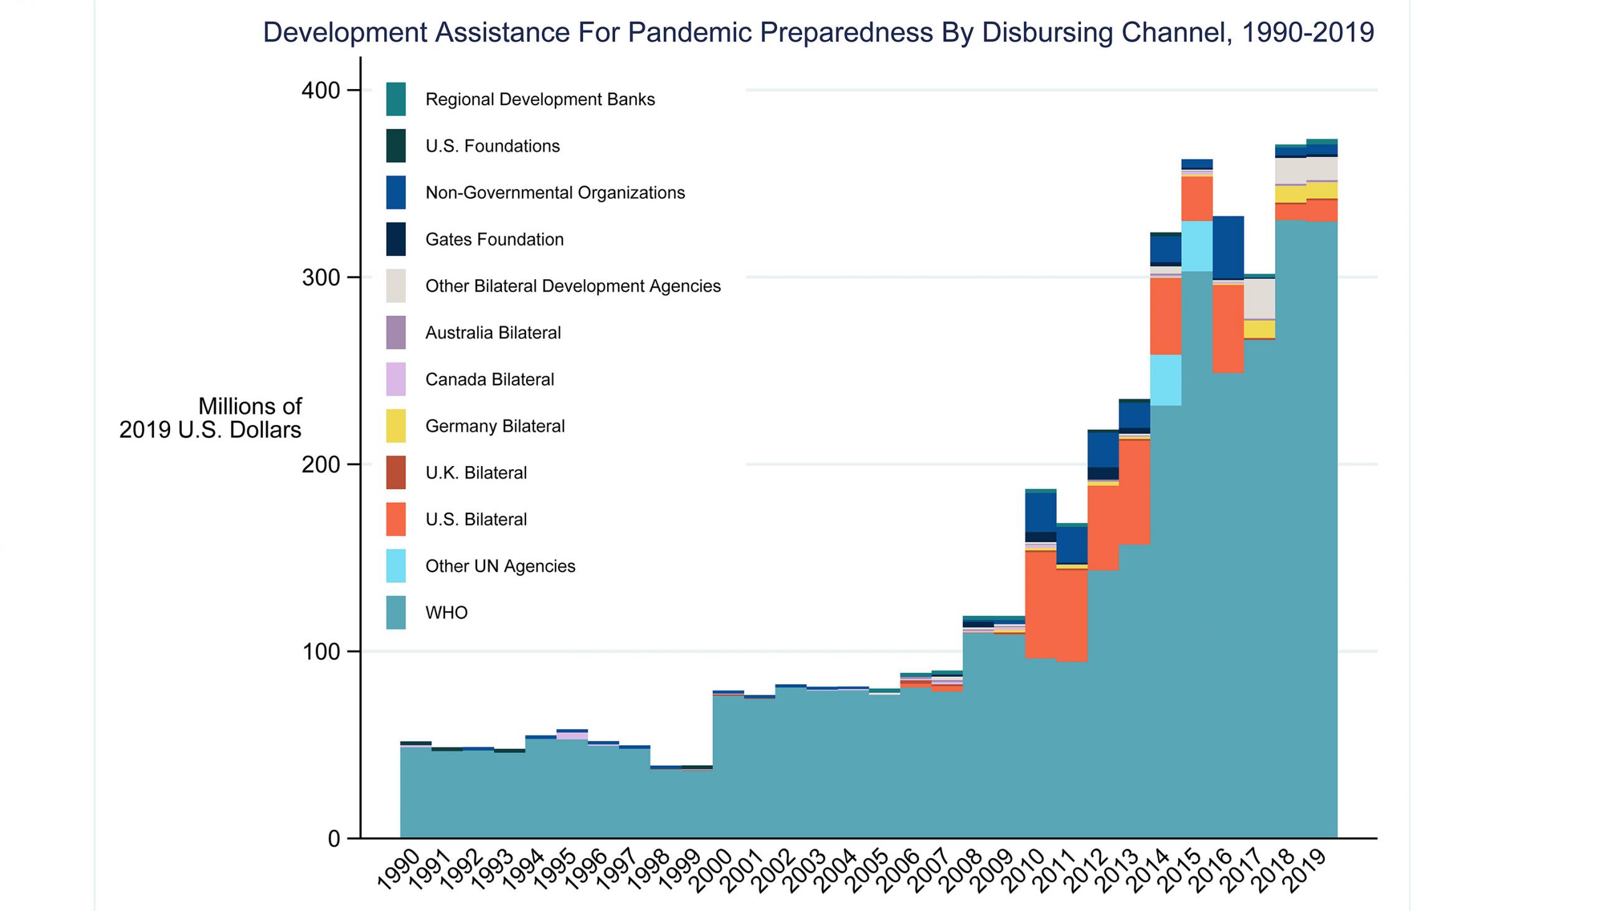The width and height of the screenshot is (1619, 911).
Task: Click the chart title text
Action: [x=818, y=32]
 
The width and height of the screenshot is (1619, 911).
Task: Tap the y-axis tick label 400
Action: [x=321, y=90]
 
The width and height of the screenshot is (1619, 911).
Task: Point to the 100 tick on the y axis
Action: [x=321, y=651]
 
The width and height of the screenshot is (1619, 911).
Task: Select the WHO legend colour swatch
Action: [x=396, y=613]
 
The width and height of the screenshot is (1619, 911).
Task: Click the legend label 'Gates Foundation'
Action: [x=494, y=239]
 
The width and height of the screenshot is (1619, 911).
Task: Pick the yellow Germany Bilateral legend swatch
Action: [x=396, y=426]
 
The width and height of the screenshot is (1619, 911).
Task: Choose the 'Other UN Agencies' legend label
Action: [x=500, y=566]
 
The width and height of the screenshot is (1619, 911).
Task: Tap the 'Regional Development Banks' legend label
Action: [x=540, y=99]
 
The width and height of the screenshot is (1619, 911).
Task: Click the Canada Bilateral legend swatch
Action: [x=396, y=379]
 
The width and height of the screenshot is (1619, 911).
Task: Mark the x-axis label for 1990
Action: [x=400, y=870]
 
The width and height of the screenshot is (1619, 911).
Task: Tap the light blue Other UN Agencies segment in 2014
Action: [x=1166, y=379]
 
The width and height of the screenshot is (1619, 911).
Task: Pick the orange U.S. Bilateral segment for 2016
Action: [x=1228, y=329]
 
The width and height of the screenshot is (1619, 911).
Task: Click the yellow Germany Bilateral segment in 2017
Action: [x=1260, y=330]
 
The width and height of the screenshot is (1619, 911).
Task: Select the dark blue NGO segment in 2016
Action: [x=1228, y=247]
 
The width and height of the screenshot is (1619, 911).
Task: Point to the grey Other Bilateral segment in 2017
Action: [x=1260, y=298]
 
